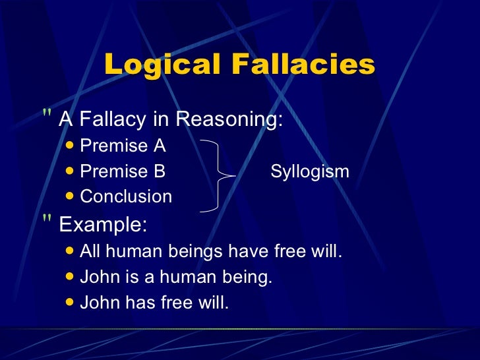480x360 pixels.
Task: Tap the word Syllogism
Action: [x=310, y=172]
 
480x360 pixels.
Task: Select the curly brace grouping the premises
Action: [x=218, y=175]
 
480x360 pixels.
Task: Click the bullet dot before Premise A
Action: [x=71, y=146]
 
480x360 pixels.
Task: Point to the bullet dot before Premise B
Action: [x=71, y=171]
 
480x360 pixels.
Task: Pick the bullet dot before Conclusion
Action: [x=71, y=196]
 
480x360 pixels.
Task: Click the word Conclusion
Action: [x=126, y=196]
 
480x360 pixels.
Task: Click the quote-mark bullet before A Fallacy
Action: [x=47, y=117]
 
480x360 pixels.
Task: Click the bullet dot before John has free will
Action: [x=71, y=303]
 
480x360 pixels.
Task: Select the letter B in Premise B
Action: [x=160, y=172]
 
